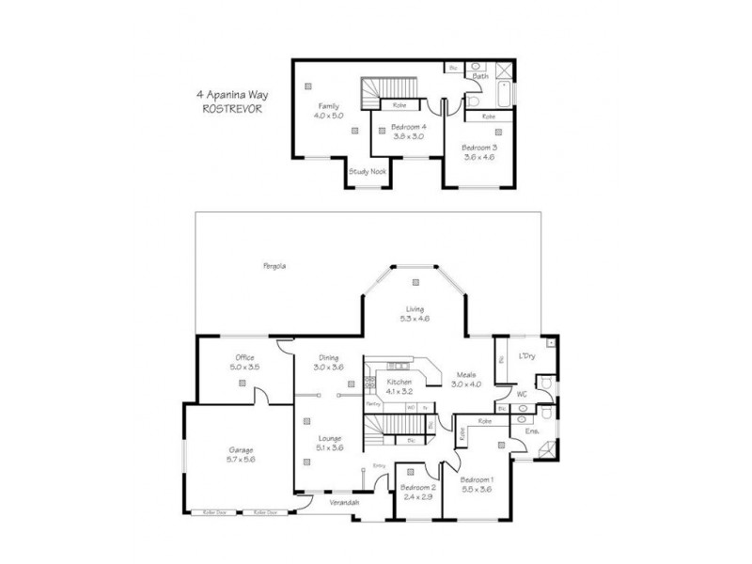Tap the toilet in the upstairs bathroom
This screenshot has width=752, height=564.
(x=475, y=97)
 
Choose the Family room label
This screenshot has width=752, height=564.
(x=328, y=107)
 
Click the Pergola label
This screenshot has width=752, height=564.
(x=274, y=266)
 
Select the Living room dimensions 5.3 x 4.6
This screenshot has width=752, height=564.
(x=415, y=320)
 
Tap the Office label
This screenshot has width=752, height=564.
(x=245, y=357)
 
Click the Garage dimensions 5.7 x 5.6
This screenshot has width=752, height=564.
(x=242, y=459)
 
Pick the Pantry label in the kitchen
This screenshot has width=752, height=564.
(x=372, y=405)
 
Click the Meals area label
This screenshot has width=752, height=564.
(x=465, y=374)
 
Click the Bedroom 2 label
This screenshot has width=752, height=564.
(x=416, y=488)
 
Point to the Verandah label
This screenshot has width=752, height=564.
(x=343, y=504)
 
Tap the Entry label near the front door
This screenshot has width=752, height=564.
(x=380, y=466)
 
